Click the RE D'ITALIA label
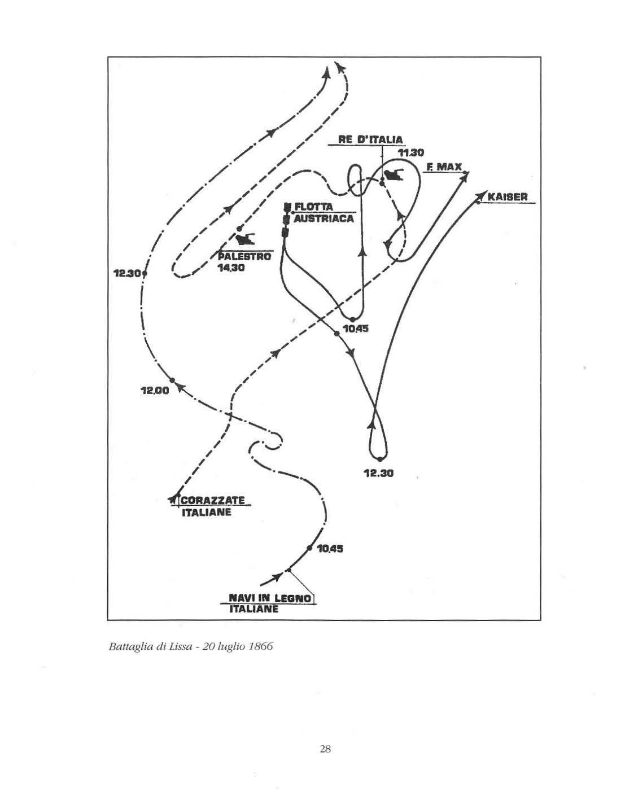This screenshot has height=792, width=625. [370, 139]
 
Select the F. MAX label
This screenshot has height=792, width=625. [444, 167]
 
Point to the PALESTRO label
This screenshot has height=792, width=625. [244, 256]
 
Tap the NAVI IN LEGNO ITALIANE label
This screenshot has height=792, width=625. [270, 603]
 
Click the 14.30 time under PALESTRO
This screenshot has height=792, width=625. [232, 268]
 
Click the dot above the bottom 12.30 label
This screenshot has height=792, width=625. [380, 458]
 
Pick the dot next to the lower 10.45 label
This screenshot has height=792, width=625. [309, 548]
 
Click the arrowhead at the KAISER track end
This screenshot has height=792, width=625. [480, 195]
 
